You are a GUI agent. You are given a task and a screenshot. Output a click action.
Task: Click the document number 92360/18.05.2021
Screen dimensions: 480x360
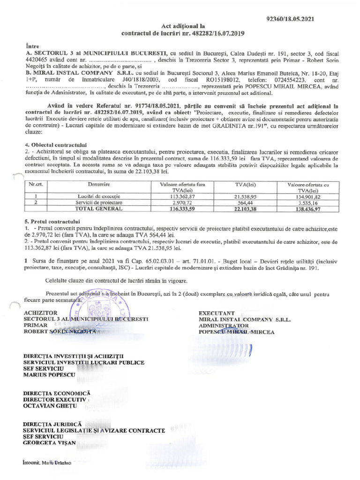pos(290,19)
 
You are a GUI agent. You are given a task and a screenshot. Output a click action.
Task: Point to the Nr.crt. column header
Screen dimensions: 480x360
pos(36,186)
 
